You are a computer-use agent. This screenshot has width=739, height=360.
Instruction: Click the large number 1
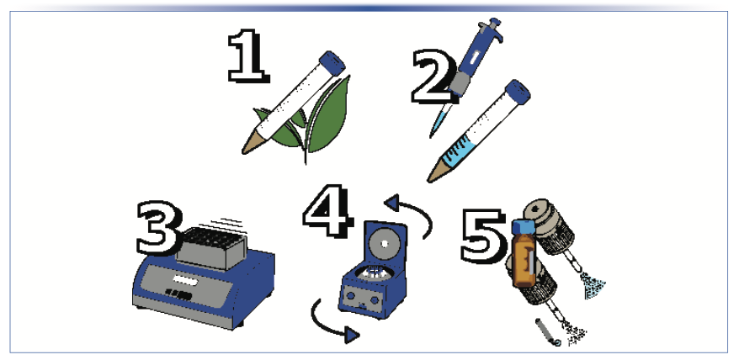point(247,56)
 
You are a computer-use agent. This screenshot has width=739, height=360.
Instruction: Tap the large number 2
point(433,77)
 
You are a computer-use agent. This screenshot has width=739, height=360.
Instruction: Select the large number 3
point(159,228)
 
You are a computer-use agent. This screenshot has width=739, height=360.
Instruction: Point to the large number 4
point(328,210)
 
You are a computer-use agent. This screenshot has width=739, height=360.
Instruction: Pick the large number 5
point(483,236)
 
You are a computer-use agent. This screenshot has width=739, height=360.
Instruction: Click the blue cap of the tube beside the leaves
point(332,62)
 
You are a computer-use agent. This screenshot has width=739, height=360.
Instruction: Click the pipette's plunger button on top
point(493,24)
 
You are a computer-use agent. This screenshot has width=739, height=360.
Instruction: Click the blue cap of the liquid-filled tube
point(518,92)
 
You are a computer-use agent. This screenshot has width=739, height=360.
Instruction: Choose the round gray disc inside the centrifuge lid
point(384,242)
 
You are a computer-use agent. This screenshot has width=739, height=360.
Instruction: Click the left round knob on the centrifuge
point(351,296)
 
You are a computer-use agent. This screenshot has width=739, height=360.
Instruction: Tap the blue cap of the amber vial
point(524,225)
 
